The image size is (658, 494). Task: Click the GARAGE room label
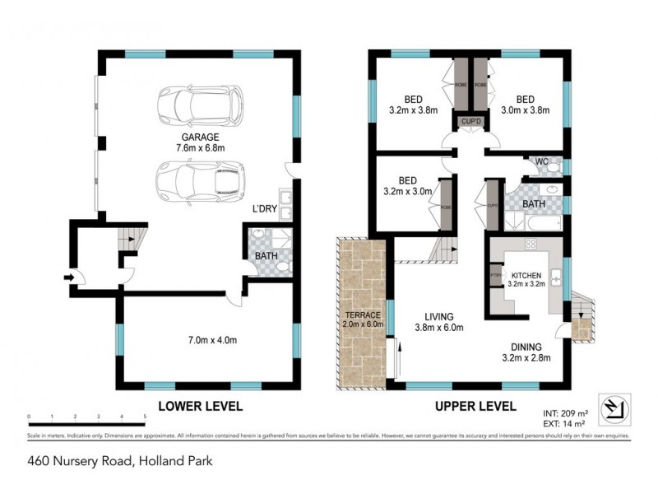tap(201, 137)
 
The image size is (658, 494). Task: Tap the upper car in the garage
tap(201, 104)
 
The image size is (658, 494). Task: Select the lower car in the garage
tap(200, 179)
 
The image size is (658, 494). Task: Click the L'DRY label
tap(266, 207)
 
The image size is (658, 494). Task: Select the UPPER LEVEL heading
tap(475, 406)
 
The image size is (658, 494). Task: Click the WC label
tap(541, 161)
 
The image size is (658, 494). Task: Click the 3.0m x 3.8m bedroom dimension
tap(526, 108)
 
